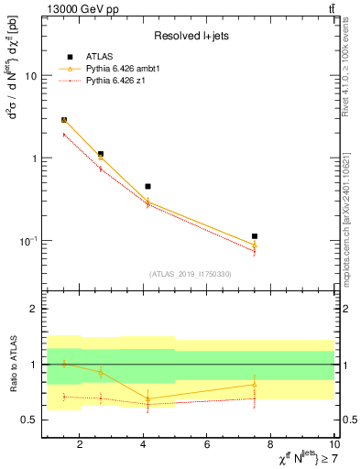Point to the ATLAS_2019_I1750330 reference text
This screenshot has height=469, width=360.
[191, 274]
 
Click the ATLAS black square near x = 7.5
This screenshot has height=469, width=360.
[255, 236]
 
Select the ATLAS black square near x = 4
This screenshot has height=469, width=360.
[147, 186]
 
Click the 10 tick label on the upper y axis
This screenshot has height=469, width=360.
[29, 76]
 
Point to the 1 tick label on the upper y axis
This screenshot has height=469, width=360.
[33, 158]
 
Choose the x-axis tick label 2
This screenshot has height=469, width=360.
[80, 445]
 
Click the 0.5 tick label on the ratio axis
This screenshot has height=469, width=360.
[27, 420]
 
